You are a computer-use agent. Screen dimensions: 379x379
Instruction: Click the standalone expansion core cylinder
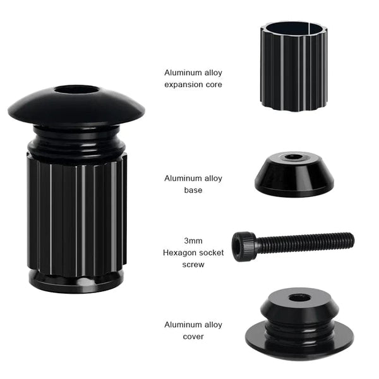click(x=294, y=69)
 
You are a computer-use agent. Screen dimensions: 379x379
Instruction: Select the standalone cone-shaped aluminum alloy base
click(x=294, y=176)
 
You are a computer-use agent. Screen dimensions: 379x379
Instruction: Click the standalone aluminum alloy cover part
click(x=299, y=322)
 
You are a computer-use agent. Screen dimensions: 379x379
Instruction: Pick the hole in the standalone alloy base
click(x=293, y=157)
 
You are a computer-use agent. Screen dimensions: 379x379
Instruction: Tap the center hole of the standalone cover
click(x=299, y=297)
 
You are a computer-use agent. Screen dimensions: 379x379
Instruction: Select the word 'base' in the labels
click(x=193, y=189)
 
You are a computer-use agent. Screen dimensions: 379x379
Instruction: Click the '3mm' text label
click(x=193, y=241)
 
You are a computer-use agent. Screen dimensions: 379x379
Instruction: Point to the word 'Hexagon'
click(x=177, y=253)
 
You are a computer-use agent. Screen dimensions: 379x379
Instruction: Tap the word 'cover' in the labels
click(x=193, y=336)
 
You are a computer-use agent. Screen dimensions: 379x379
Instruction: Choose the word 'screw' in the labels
click(x=193, y=265)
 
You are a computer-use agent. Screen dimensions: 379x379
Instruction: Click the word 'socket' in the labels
click(x=210, y=253)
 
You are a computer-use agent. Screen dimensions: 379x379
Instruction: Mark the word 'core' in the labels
click(x=213, y=84)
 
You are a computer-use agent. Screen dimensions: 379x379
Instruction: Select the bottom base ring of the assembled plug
click(x=76, y=281)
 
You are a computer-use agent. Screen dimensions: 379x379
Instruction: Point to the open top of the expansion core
click(x=294, y=28)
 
